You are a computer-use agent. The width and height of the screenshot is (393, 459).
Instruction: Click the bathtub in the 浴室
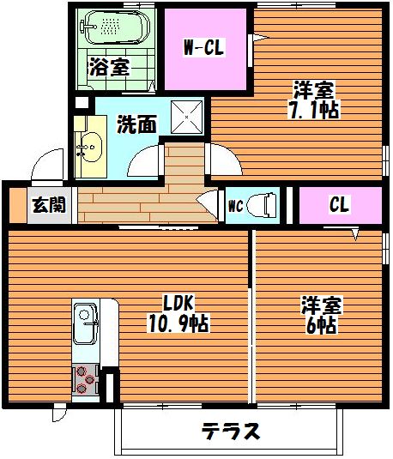point(114,27)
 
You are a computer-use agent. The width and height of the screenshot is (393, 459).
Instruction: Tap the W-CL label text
point(204,47)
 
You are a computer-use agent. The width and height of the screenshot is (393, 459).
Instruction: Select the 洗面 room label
point(136,124)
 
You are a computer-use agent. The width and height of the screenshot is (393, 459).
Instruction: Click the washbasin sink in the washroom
point(90,148)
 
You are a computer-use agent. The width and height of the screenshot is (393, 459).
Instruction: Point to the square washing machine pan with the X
point(187,117)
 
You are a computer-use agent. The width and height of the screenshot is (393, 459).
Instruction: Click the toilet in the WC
point(262,205)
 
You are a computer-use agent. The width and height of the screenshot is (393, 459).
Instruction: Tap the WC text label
point(235,206)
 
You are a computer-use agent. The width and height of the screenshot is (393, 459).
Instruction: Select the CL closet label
point(339,204)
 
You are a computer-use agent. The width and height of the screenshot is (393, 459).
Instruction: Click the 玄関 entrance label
point(49,205)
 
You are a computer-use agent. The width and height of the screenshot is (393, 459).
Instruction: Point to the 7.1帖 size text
point(314,110)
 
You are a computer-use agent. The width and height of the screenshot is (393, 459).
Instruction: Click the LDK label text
point(178,303)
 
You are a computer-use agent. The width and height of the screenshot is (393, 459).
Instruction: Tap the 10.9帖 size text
point(179,323)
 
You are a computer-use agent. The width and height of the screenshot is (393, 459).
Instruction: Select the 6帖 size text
point(321,325)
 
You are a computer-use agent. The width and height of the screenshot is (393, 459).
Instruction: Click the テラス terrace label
point(231,432)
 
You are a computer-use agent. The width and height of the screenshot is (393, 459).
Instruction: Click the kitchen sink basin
point(85,323)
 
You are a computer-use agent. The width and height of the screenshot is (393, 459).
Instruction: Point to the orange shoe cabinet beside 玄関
point(18,206)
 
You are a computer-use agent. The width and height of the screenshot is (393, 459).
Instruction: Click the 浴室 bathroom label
point(109,67)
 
